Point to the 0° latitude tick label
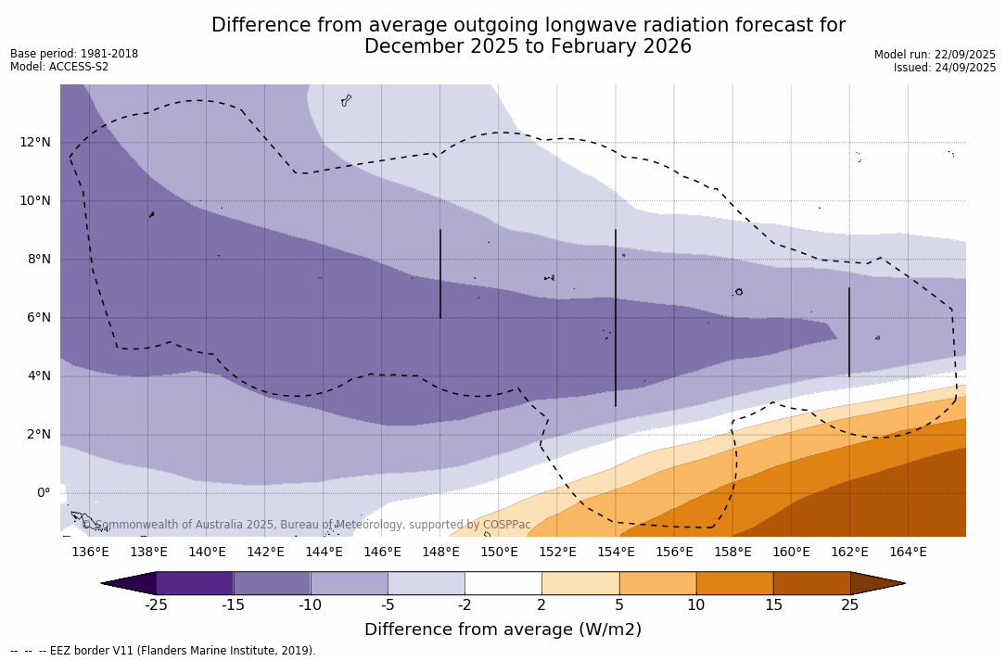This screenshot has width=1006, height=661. [44, 492]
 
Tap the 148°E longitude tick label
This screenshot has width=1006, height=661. [440, 552]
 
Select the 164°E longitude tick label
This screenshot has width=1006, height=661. [908, 552]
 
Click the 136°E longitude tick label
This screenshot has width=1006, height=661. [90, 552]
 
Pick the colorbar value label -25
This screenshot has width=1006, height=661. [156, 605]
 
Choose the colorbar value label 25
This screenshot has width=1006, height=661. [849, 605]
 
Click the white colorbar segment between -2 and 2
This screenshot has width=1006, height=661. [503, 583]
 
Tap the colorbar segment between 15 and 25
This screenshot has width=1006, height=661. [811, 583]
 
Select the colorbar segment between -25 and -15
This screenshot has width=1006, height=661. [195, 583]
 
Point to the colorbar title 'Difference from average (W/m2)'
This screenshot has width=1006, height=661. [503, 629]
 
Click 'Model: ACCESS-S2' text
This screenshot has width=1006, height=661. [59, 67]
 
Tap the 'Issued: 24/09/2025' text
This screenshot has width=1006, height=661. [945, 68]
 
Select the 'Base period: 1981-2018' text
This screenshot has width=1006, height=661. [74, 54]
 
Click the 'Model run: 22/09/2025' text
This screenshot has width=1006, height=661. [935, 55]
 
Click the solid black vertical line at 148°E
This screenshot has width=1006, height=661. [440, 274]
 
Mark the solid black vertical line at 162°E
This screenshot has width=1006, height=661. [848, 332]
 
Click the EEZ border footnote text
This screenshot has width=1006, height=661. [163, 651]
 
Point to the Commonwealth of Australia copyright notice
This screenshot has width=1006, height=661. [306, 525]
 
